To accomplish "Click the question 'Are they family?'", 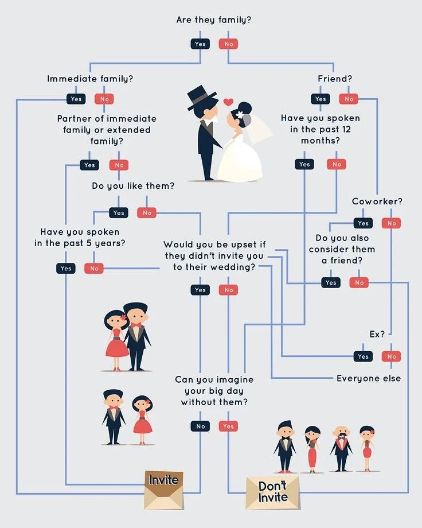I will [213, 20].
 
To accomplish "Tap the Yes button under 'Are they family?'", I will [200, 44].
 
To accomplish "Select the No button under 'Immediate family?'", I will [104, 99].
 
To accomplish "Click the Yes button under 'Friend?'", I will [321, 99].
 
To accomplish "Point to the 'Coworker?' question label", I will [377, 201].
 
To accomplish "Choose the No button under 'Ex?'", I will [392, 356].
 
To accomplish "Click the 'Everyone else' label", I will [369, 378].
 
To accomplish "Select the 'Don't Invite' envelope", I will [272, 492].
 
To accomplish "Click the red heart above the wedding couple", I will [228, 102].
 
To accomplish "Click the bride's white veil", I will [261, 129].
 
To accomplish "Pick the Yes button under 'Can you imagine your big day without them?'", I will [228, 426].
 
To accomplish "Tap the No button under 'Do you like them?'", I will [147, 213].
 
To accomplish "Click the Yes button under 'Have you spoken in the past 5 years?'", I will [66, 269].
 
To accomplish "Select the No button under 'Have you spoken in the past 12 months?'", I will [337, 165].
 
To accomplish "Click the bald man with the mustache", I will [341, 448].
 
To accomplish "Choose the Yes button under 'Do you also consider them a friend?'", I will [331, 283].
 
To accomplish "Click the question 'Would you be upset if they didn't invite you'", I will [214, 256].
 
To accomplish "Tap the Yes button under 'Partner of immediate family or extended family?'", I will [89, 165].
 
